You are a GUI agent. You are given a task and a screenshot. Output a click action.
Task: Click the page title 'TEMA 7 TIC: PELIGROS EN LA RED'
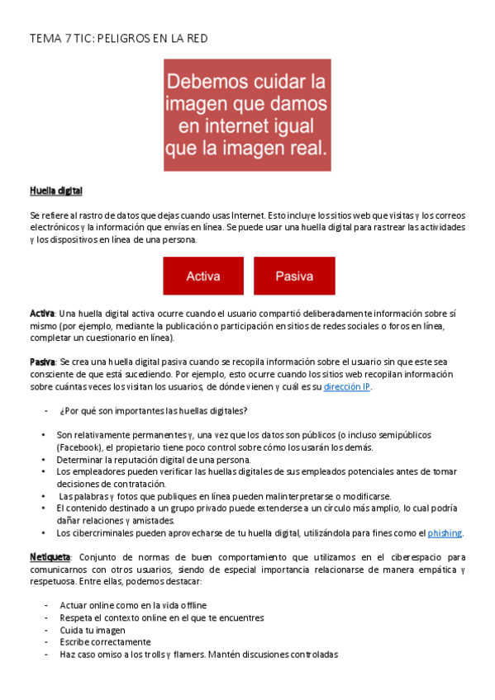(118, 38)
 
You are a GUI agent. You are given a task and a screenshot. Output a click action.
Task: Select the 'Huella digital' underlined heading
(56, 191)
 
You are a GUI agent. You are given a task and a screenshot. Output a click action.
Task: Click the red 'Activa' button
(202, 276)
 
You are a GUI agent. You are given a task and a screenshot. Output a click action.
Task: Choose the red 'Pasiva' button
(293, 276)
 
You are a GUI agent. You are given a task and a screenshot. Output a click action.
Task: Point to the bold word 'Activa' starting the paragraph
(42, 314)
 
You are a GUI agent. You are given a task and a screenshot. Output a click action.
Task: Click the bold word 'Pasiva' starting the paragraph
(42, 362)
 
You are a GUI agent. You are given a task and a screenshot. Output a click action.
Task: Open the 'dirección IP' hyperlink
(346, 386)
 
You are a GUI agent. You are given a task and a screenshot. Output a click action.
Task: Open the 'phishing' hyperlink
(445, 533)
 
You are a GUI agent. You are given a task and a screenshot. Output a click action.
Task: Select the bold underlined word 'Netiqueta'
(50, 558)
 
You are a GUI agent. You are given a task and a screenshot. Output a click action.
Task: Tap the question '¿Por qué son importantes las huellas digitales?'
(154, 411)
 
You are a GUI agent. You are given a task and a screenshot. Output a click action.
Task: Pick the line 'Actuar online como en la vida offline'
(133, 605)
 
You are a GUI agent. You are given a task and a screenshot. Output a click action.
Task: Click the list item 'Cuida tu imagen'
(91, 630)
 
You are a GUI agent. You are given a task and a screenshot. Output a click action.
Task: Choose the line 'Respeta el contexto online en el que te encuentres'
(161, 617)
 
